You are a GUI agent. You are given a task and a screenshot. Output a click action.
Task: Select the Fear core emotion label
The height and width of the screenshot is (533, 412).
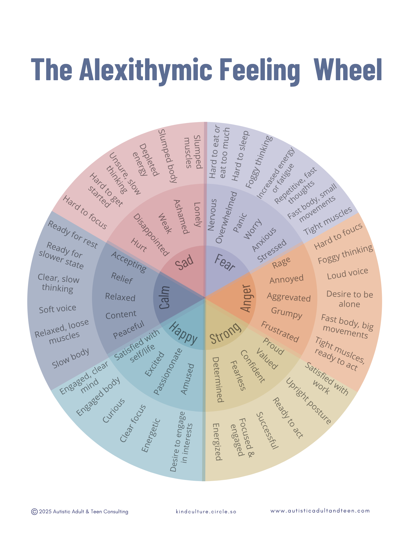[x=225, y=263]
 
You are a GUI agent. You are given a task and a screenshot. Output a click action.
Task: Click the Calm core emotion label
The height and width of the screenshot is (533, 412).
[x=165, y=297]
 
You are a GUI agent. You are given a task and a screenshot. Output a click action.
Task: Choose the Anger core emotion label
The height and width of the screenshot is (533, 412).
[x=246, y=298]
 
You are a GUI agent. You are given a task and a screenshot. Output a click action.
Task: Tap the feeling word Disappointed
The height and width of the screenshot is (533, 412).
[x=151, y=235]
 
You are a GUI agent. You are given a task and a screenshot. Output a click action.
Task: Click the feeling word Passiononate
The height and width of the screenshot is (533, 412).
[x=168, y=372]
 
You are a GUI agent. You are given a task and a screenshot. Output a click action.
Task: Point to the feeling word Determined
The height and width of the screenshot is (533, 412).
[x=218, y=379]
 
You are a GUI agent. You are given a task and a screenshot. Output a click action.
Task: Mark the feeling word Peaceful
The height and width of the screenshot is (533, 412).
[x=129, y=330]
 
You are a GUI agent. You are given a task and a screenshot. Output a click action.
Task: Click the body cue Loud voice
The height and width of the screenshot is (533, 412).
[x=347, y=273]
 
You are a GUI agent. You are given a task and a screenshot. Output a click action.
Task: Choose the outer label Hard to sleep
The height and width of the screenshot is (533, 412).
[x=240, y=156]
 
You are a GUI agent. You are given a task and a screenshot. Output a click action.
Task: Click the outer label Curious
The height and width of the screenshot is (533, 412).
[x=114, y=410]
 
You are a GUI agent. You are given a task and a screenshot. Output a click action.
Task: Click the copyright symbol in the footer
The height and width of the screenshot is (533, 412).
[x=34, y=512]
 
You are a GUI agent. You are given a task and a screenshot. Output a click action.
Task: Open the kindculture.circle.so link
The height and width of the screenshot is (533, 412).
[x=206, y=512]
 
